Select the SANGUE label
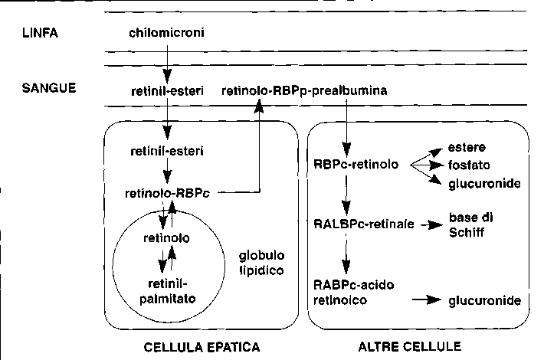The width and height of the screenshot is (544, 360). tap(48, 89)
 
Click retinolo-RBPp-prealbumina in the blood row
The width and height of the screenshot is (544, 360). tap(304, 91)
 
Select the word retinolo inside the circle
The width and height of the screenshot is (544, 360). tap(167, 238)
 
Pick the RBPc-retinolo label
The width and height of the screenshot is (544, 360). tap(356, 164)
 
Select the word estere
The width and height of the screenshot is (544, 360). tap(467, 147)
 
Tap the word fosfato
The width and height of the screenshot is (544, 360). tap(469, 165)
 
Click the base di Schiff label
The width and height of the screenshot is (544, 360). tap(470, 224)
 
